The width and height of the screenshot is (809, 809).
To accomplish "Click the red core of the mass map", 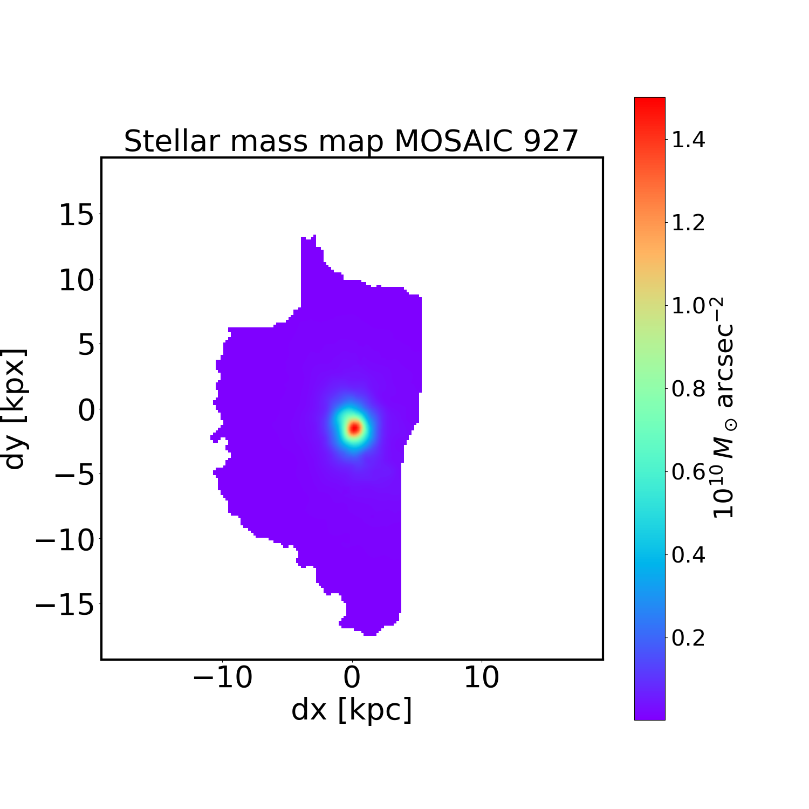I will click(x=354, y=428).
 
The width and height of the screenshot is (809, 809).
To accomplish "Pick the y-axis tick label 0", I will click(x=86, y=410).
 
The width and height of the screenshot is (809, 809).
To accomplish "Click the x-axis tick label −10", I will click(x=222, y=677).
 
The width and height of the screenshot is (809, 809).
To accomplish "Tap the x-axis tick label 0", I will click(x=352, y=677).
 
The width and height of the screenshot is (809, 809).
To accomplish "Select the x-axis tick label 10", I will click(x=482, y=677).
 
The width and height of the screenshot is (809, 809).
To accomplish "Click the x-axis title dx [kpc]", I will click(x=352, y=710).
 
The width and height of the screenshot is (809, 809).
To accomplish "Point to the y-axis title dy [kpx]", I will click(x=15, y=408).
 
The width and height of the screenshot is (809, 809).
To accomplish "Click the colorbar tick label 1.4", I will click(x=688, y=140).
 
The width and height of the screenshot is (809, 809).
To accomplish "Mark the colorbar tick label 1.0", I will click(x=688, y=306).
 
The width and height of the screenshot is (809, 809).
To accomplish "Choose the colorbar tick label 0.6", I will click(x=688, y=472).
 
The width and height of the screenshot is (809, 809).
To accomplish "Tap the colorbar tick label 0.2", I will click(x=688, y=638).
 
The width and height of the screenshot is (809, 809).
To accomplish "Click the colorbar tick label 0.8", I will click(x=688, y=389).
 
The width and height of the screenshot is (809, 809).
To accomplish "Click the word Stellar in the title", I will click(x=172, y=141).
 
